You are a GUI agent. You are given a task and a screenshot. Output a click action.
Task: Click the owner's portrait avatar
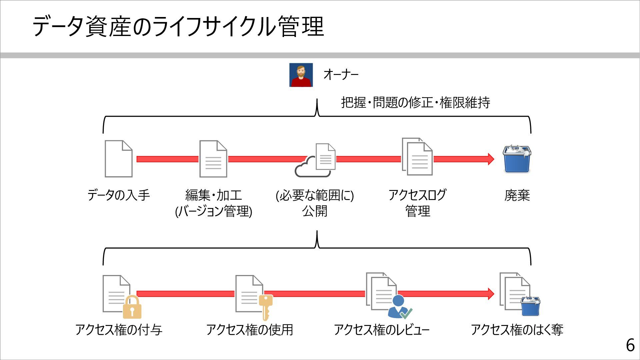(x=301, y=75)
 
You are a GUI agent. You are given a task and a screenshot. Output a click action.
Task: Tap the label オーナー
(x=341, y=74)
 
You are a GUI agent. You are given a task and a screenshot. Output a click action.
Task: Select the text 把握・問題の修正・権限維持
(x=415, y=103)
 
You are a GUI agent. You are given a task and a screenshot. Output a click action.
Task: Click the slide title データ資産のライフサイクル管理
(x=178, y=27)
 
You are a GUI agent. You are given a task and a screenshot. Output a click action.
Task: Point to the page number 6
(x=630, y=345)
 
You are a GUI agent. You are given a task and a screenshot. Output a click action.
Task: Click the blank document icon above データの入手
(x=118, y=159)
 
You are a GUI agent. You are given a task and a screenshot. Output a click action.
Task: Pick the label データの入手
(x=119, y=195)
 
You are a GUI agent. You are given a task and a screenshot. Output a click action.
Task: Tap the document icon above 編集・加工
(x=213, y=159)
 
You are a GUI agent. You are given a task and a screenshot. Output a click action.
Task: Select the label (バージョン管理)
(x=213, y=211)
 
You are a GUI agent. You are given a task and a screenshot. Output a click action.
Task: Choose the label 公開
(x=315, y=211)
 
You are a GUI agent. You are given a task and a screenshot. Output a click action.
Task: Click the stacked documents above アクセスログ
(x=417, y=157)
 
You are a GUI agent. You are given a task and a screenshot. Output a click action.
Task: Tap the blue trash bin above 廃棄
(x=517, y=159)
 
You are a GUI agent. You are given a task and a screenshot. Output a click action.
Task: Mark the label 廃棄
(x=517, y=195)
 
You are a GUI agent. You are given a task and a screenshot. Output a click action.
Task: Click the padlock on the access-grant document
(x=132, y=308)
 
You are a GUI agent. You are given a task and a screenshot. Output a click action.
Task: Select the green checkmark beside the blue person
(x=406, y=313)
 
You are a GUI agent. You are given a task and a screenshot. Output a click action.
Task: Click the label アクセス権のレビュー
(x=382, y=330)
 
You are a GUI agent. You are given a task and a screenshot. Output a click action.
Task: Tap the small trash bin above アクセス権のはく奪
(x=530, y=306)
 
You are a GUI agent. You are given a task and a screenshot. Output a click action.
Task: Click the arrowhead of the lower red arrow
(x=491, y=294)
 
